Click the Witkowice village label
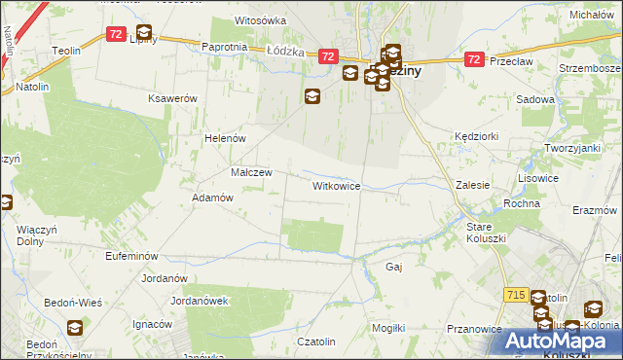point(337,185)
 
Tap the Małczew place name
point(251,172)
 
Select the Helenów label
point(224,138)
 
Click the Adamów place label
point(213,197)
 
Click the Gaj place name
point(394,266)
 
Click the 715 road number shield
point(516,294)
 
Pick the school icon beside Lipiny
point(144,33)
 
